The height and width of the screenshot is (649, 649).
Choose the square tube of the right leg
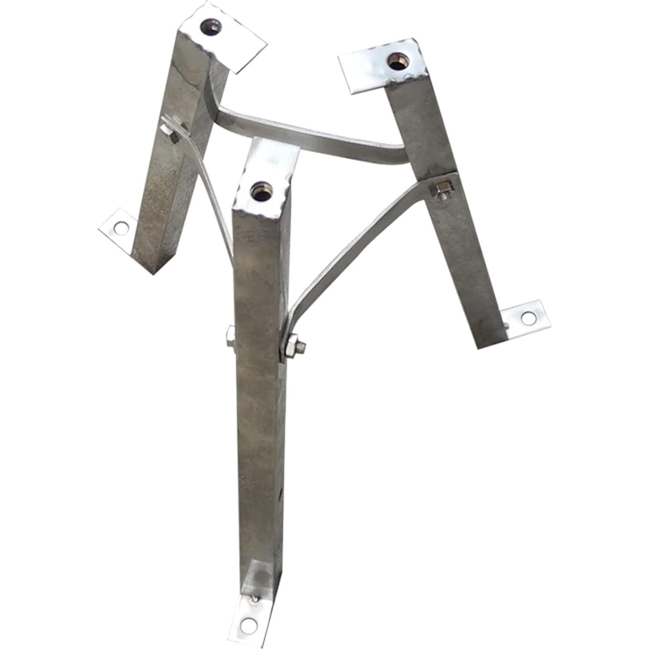(x=460, y=243)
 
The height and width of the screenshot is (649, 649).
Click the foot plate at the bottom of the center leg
(x=256, y=616)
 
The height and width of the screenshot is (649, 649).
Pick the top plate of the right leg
(x=377, y=69)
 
